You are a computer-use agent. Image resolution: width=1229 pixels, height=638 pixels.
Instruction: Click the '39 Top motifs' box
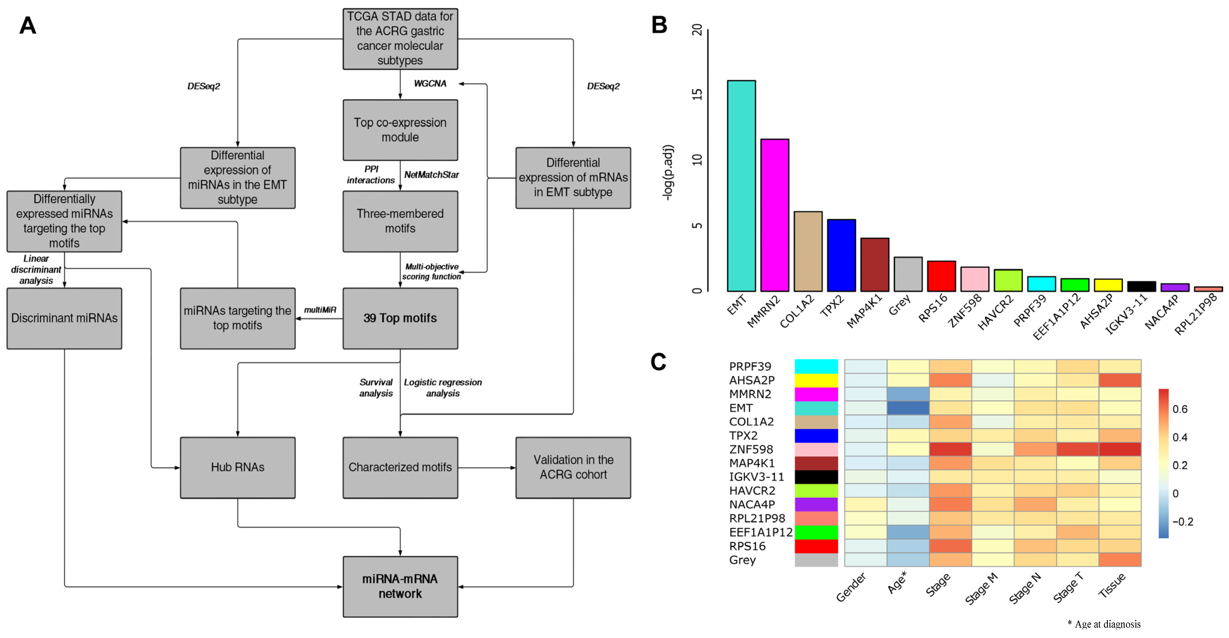click(400, 318)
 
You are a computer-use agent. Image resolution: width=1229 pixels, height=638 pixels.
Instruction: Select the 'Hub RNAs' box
click(238, 467)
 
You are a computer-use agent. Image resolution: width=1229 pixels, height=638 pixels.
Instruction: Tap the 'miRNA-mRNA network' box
click(400, 586)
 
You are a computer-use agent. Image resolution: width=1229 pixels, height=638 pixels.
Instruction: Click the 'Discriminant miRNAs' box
click(64, 318)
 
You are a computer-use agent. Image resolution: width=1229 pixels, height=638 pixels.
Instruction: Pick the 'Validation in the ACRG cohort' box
click(573, 467)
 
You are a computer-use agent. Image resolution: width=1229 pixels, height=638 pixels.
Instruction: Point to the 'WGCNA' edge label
click(430, 83)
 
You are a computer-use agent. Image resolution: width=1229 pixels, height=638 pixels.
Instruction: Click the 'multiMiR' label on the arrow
click(320, 310)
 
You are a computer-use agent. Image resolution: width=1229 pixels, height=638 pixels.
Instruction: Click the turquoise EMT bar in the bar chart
click(741, 186)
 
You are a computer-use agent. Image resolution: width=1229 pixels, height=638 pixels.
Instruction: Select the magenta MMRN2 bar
click(774, 215)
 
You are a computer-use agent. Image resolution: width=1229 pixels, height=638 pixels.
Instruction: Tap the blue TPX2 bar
click(841, 255)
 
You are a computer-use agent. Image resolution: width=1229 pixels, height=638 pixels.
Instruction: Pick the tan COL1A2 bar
click(808, 251)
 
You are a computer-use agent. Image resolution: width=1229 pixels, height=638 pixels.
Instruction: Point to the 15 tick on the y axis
click(697, 94)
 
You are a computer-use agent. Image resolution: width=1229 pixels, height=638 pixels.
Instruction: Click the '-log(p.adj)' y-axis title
click(668, 172)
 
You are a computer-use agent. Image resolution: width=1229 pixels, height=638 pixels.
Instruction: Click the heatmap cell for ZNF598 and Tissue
click(1120, 449)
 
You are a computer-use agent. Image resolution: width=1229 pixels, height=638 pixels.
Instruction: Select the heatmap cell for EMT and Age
click(908, 408)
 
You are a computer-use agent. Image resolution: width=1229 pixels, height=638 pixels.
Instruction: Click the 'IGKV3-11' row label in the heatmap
click(756, 477)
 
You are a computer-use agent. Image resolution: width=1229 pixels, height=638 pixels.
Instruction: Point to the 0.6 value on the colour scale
click(1180, 409)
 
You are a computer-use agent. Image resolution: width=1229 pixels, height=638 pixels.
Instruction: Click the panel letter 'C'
click(658, 362)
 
